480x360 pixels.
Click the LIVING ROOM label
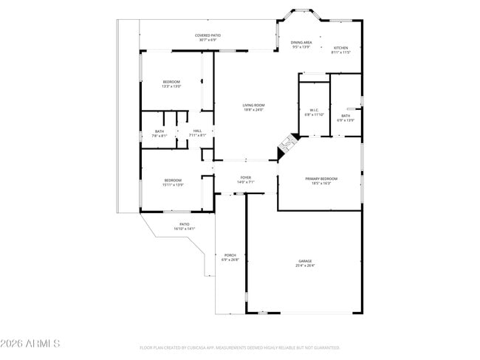point(253,105)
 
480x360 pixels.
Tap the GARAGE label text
point(305,261)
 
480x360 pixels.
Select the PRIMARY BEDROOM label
point(322,179)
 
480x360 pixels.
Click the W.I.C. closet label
point(314,110)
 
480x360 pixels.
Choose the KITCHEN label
point(340,48)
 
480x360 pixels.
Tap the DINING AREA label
point(301,43)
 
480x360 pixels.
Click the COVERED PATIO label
point(208,35)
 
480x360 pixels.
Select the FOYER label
point(246,178)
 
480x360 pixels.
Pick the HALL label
point(197,131)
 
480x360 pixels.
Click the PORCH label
point(230,255)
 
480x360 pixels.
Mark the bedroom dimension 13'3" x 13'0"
point(171,86)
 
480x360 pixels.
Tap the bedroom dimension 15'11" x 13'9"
point(173,184)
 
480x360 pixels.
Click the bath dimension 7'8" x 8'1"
point(160,136)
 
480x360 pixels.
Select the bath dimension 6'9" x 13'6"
point(346,120)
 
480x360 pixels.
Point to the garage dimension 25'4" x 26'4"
point(305,266)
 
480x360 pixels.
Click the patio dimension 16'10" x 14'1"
point(185,229)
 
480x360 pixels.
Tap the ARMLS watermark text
point(31,344)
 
